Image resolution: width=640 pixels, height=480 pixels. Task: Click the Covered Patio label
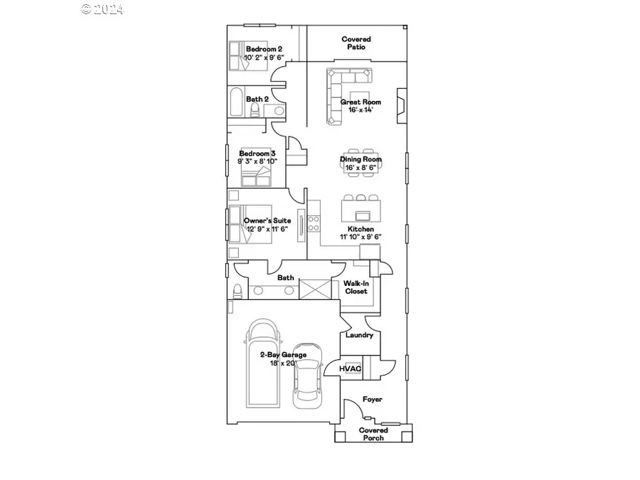[356, 43]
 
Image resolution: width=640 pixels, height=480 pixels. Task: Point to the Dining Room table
[363, 161]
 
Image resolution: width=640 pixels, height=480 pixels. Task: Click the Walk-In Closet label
[356, 287]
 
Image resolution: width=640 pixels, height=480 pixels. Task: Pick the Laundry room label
[359, 335]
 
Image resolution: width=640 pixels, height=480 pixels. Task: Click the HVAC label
[351, 368]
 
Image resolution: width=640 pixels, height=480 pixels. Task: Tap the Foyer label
[373, 400]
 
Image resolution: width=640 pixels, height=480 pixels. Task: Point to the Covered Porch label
[373, 434]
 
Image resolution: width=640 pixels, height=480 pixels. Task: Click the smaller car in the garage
[308, 378]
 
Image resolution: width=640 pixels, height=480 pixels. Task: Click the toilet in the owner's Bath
[237, 291]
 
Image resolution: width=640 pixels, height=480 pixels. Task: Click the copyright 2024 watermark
[102, 9]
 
